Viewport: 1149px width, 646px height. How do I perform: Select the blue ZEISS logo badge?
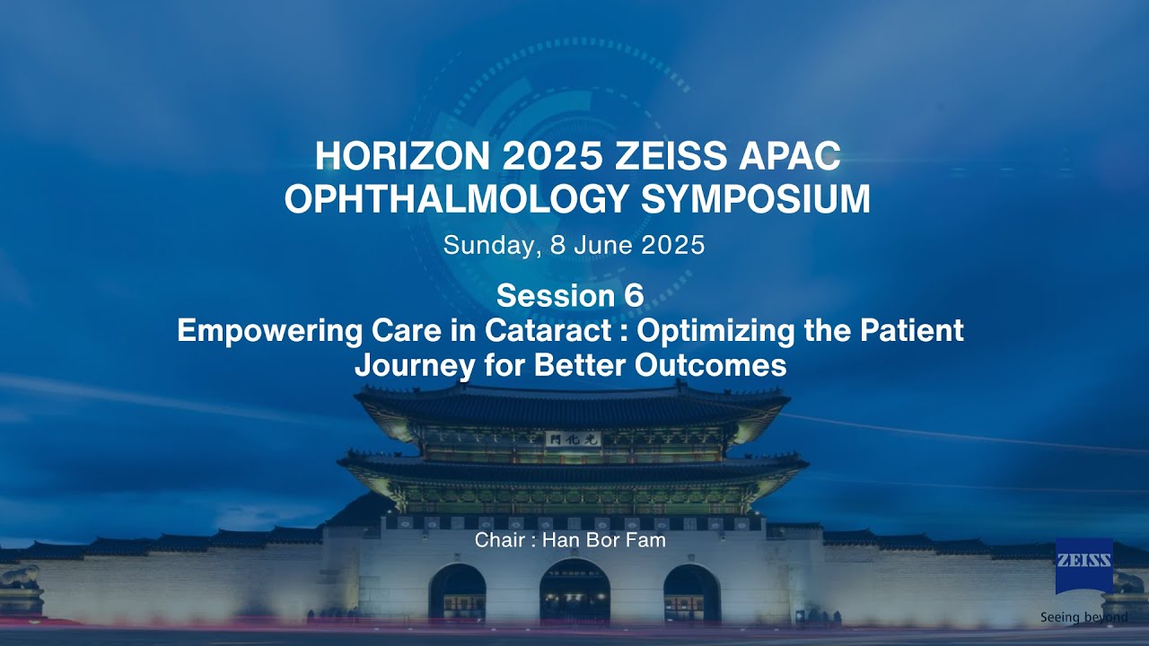point(1083,565)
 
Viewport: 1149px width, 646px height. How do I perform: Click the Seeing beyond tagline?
point(1083,617)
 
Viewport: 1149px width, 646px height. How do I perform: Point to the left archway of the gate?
point(457,594)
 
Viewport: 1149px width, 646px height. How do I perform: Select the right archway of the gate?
point(691,594)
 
